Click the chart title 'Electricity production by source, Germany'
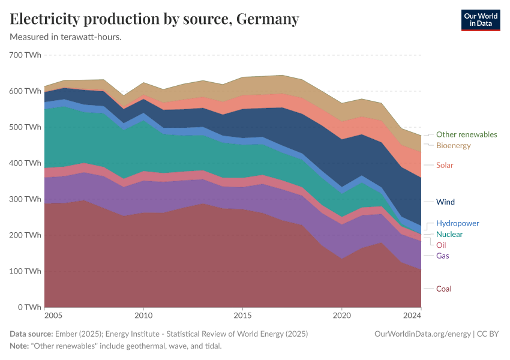(154, 19)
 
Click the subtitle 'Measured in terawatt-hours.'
(66, 37)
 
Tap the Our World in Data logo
(480, 20)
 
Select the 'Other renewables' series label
(466, 134)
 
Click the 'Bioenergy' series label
(453, 146)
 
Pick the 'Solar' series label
(445, 165)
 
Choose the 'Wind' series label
(445, 202)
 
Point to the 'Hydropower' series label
(457, 223)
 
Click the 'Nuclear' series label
(449, 234)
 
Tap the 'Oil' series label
(441, 245)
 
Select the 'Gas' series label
(443, 256)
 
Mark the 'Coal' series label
(443, 289)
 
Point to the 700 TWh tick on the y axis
(25, 55)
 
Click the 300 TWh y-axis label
(25, 199)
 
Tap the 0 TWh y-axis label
(29, 307)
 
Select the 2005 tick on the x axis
(53, 315)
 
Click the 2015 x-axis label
(242, 315)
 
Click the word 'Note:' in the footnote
(20, 346)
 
